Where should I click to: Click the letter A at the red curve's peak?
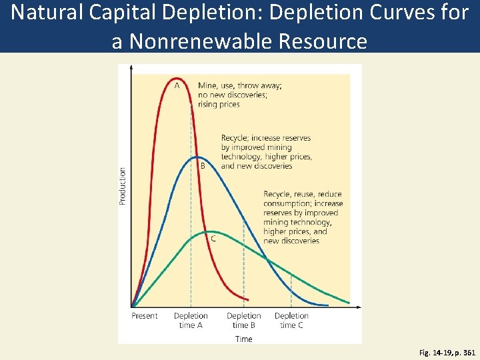(177, 85)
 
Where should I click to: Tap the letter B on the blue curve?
(203, 166)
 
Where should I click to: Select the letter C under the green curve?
(213, 238)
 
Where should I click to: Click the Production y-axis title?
(123, 185)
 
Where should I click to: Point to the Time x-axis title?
(244, 339)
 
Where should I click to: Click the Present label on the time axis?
(145, 316)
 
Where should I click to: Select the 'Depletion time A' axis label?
(191, 321)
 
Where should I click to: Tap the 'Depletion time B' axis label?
(244, 321)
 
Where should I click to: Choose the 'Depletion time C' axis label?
(291, 321)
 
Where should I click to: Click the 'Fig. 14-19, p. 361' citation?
(447, 353)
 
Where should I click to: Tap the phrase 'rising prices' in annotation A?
(219, 104)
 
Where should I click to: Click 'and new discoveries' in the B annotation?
(257, 166)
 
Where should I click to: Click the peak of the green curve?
(208, 231)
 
